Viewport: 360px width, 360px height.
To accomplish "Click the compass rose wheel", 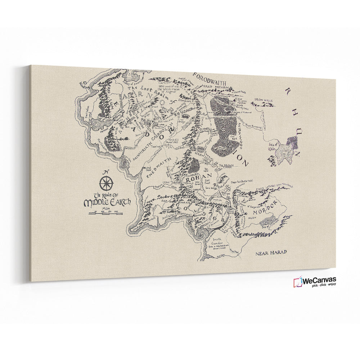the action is [x=107, y=184].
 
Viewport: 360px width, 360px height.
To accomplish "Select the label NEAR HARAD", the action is [x=271, y=252].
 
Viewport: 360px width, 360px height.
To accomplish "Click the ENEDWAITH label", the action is [x=158, y=168].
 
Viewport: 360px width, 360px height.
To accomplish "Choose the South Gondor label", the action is [x=217, y=242].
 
